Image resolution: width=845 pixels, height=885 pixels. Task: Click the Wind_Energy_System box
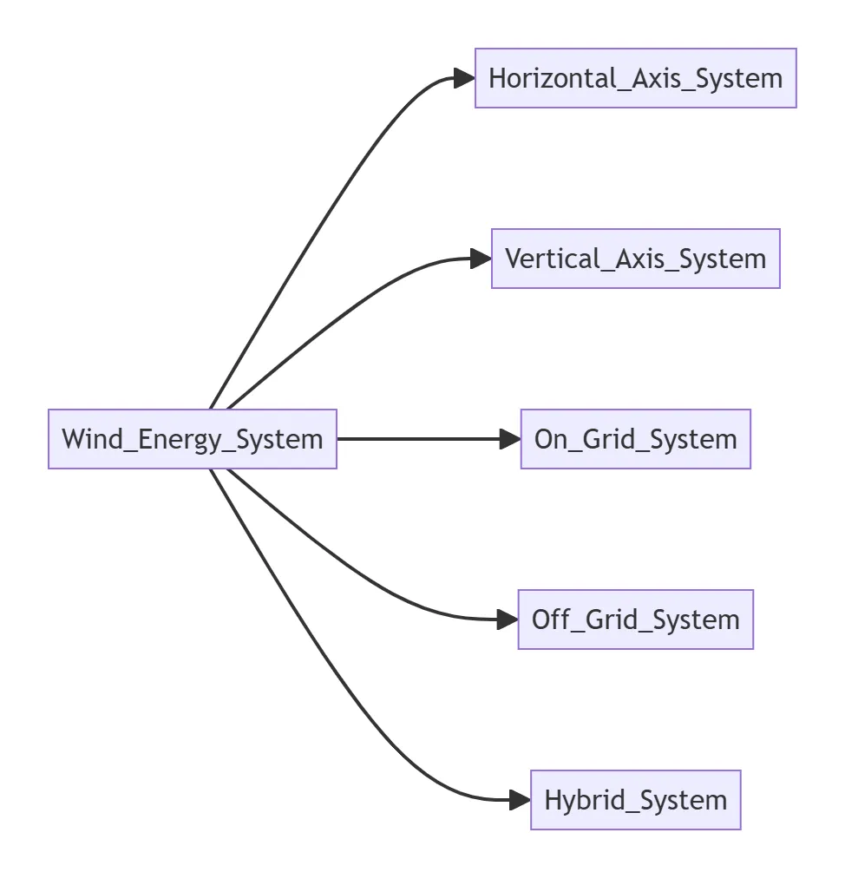coord(192,439)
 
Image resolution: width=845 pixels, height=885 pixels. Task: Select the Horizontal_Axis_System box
coord(635,78)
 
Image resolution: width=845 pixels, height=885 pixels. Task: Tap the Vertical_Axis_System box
coord(635,259)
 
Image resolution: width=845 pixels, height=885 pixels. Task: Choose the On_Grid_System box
coord(635,439)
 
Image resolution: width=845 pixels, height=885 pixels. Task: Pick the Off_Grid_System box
coord(635,619)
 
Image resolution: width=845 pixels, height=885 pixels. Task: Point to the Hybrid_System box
coord(635,800)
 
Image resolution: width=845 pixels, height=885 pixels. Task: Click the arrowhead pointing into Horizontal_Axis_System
coord(464,78)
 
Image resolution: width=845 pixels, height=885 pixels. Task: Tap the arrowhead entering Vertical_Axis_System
coord(481,259)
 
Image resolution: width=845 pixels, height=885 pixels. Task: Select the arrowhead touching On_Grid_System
coord(510,439)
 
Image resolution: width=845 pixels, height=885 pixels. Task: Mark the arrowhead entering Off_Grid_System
coord(508,619)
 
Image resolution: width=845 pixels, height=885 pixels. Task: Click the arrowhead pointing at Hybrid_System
coord(520,800)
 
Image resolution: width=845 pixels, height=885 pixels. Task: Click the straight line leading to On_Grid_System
coord(416,439)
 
